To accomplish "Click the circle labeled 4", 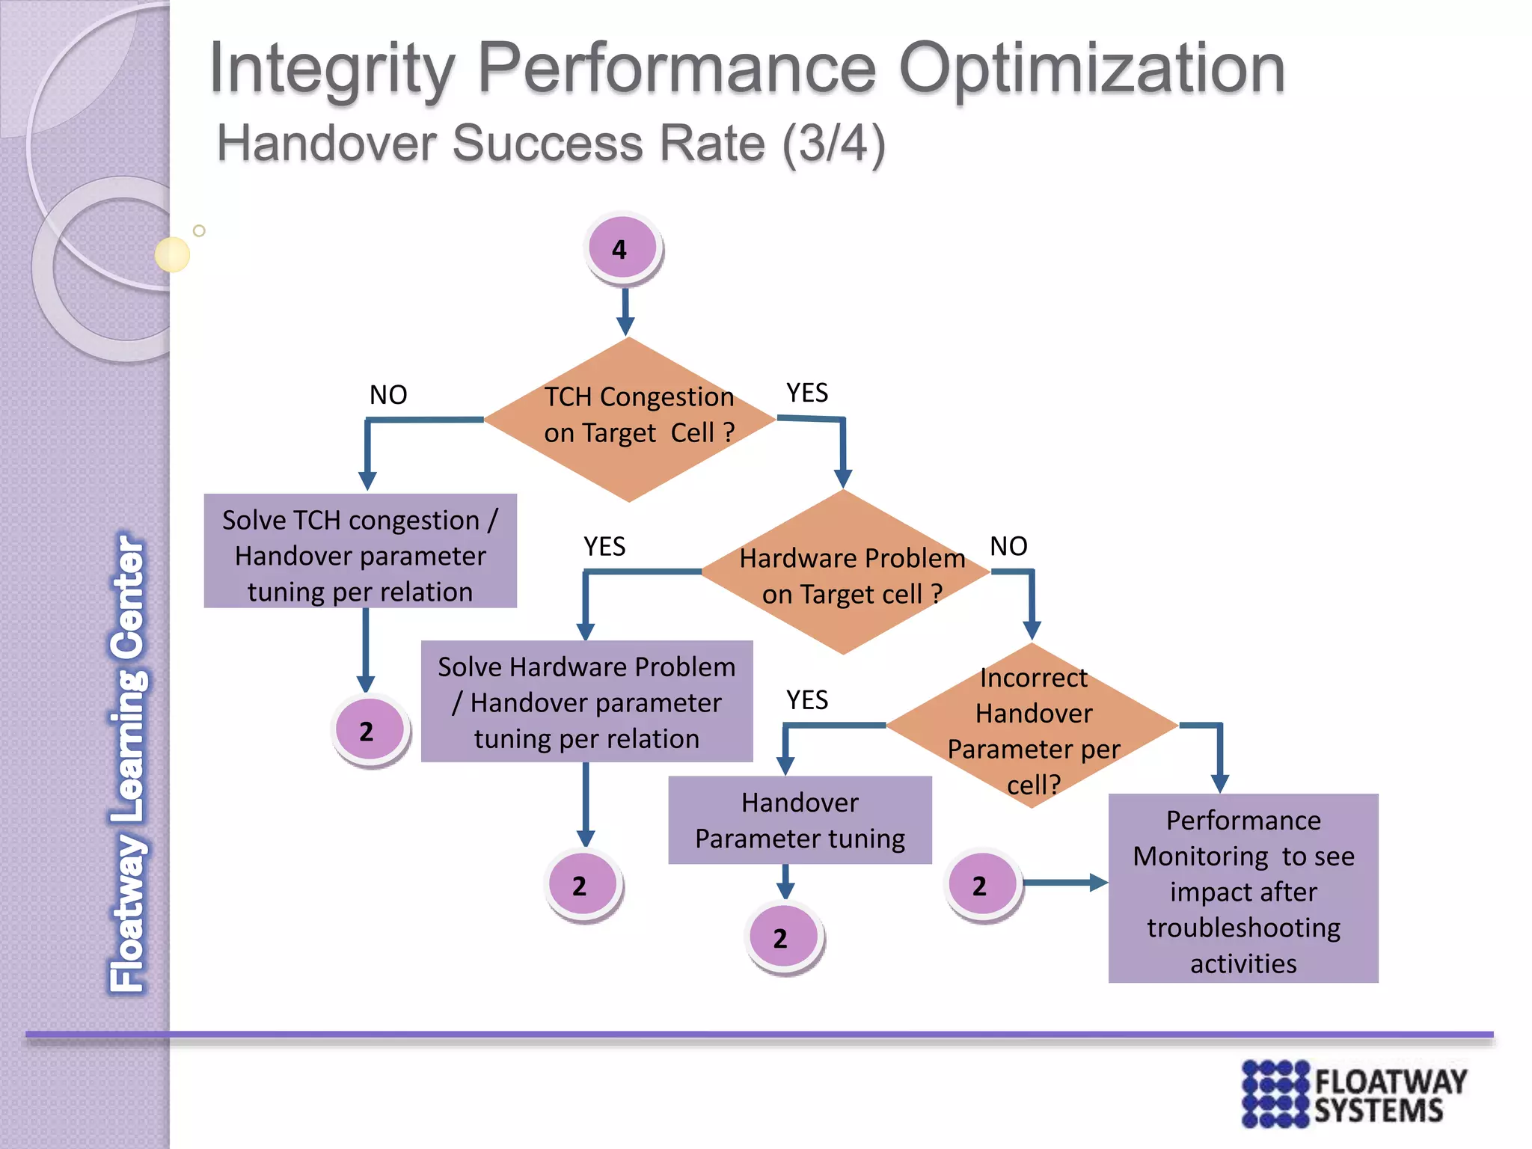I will tap(622, 248).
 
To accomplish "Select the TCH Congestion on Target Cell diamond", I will tap(630, 419).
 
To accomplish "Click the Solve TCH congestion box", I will tap(360, 552).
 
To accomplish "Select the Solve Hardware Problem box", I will tap(586, 702).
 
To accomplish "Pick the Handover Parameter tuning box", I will tap(800, 821).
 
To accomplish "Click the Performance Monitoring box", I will tap(1243, 889).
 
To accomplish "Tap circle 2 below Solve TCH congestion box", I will tap(370, 731).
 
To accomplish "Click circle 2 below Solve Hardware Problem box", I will tap(582, 885).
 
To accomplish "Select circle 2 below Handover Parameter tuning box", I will tap(783, 937).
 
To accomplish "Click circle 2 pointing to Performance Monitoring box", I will tap(982, 885).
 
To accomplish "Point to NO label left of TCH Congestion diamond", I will tap(388, 395).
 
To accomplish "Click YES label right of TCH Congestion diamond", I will tap(806, 393).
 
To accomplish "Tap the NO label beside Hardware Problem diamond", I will tap(1008, 546).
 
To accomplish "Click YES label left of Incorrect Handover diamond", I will tap(806, 700).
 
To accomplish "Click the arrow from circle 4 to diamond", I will tap(625, 311).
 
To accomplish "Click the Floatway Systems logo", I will tap(1353, 1093).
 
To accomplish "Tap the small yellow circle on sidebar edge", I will tap(172, 254).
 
